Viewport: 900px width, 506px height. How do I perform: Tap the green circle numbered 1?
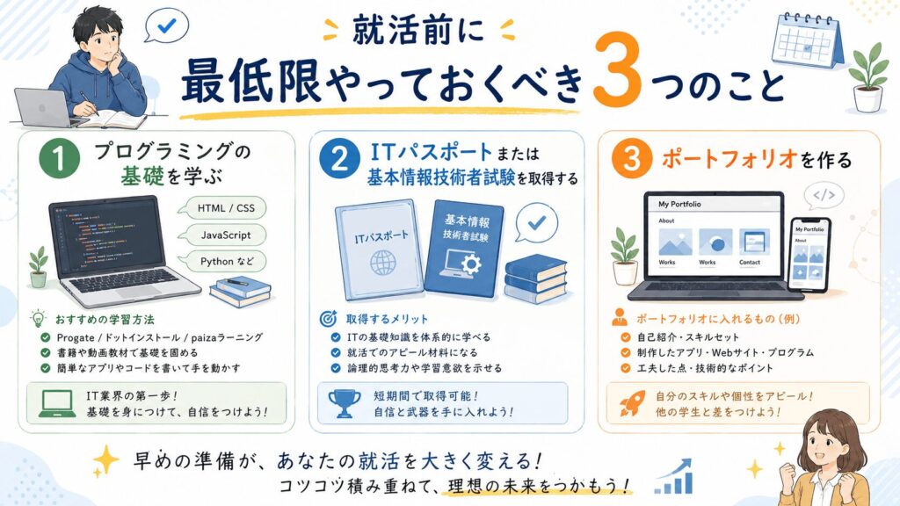[59, 159]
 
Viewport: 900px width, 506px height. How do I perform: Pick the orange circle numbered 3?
[631, 159]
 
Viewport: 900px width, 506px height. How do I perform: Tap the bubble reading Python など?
[224, 262]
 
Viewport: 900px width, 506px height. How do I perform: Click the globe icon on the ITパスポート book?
[382, 264]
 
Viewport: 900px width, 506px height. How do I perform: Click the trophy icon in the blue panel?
[345, 403]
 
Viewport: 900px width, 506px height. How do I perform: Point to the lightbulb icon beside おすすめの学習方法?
[38, 318]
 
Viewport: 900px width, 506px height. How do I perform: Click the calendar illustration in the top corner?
[808, 40]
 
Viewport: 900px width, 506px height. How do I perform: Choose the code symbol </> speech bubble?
[824, 196]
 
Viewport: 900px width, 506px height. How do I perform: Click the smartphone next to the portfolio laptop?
[809, 254]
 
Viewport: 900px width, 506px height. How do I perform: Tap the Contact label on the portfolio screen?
[750, 262]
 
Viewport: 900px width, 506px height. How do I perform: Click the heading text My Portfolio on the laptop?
[679, 204]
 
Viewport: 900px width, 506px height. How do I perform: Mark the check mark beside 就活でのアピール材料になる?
[336, 352]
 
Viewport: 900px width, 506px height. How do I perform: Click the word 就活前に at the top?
[418, 30]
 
